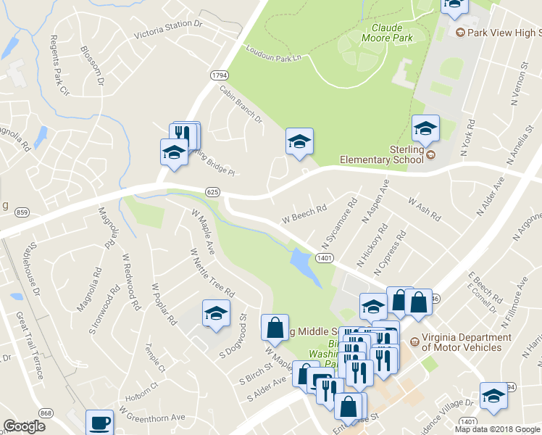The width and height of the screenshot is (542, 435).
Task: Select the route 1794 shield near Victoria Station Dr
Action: [x=220, y=75]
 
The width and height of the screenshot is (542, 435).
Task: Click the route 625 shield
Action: [x=212, y=191]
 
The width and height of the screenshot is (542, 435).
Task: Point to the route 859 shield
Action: [x=22, y=212]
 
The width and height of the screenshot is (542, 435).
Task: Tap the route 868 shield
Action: [x=46, y=413]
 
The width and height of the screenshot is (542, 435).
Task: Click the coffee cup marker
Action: [x=99, y=422]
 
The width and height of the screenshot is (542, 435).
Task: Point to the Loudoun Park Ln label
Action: [x=272, y=52]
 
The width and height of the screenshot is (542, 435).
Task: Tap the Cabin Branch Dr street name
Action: [x=240, y=104]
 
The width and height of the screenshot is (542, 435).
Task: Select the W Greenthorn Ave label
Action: [x=153, y=417]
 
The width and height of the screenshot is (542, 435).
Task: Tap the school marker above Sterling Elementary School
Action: [x=425, y=128]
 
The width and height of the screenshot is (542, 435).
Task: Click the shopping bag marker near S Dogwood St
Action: [x=275, y=327]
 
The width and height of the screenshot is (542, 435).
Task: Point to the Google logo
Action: [x=25, y=426]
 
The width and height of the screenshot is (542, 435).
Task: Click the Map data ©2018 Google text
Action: [x=497, y=429]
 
